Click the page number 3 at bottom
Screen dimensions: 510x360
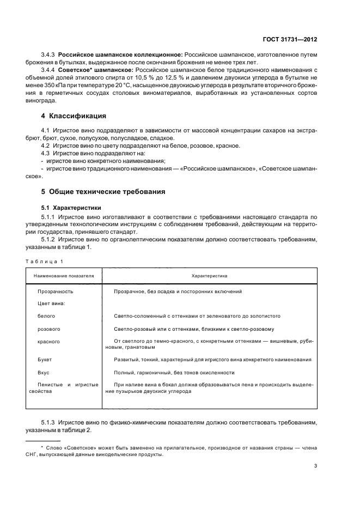316,466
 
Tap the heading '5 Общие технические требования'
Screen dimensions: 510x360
103,192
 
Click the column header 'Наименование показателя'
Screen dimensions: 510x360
64,276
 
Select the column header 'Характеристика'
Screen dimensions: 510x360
209,276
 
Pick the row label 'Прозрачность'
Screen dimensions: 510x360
55,292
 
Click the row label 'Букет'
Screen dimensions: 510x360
45,360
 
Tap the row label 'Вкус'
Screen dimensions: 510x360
44,373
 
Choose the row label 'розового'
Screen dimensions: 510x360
48,329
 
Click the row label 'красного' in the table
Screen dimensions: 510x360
48,342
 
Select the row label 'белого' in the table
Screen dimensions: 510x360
46,316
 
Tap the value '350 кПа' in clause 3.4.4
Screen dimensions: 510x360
53,86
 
